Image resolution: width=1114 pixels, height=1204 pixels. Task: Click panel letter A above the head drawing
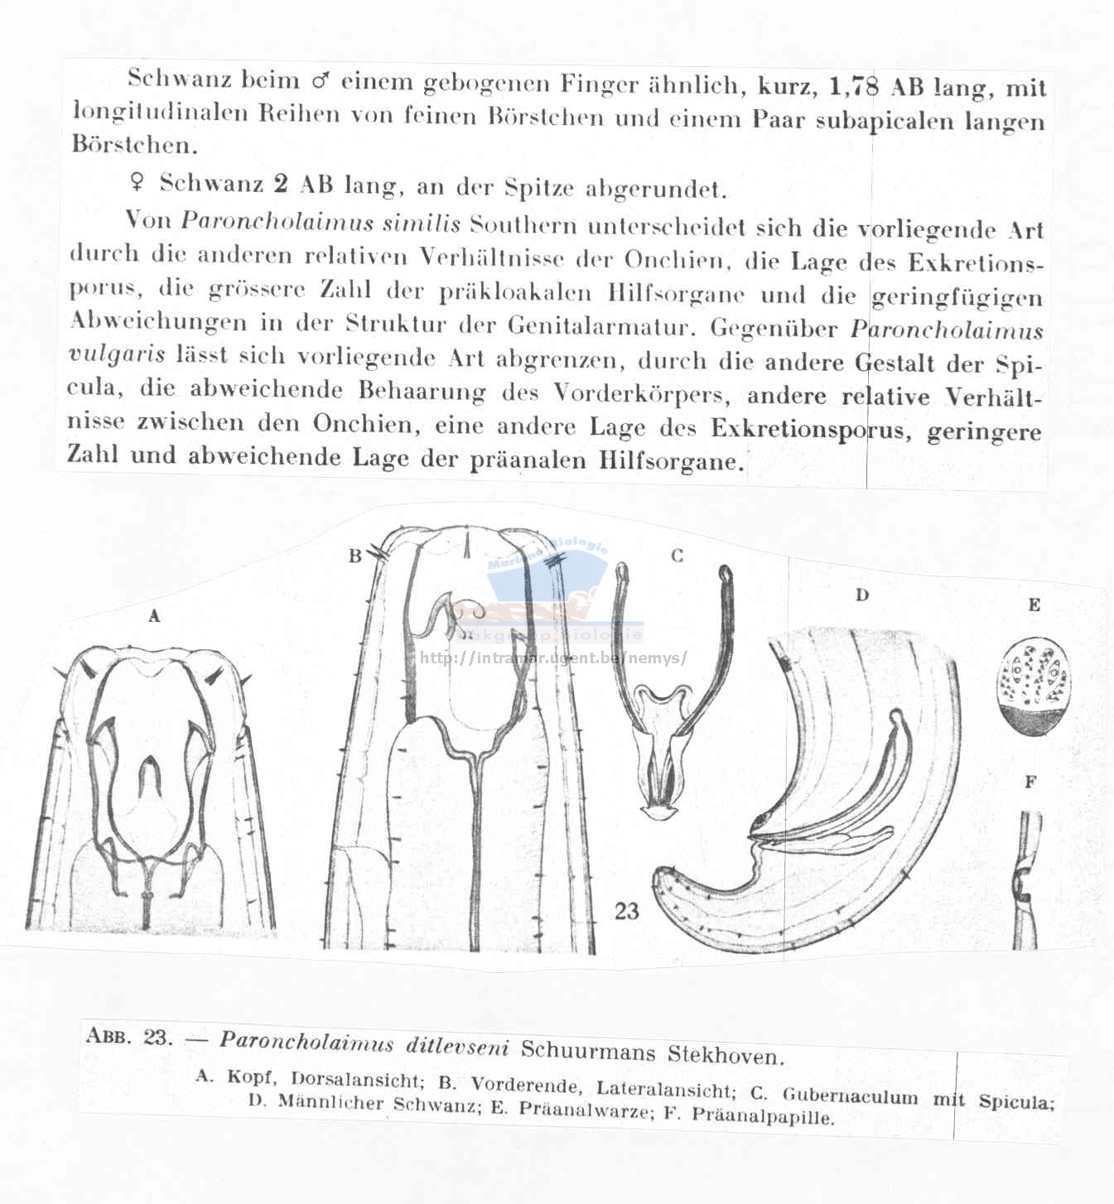coord(153,615)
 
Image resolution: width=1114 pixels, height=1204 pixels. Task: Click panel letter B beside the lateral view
coord(355,556)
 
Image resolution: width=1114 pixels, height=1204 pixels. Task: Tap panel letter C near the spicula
coord(677,556)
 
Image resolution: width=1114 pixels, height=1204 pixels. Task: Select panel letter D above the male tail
coord(862,595)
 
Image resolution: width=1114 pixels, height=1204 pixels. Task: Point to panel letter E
coord(1034,604)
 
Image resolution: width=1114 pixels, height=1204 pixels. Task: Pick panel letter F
coord(1031,781)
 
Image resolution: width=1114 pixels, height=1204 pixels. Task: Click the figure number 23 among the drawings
coord(627,911)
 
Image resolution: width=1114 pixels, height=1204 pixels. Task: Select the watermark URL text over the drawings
coord(553,658)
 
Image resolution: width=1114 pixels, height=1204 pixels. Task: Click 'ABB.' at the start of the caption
coord(107,1037)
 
